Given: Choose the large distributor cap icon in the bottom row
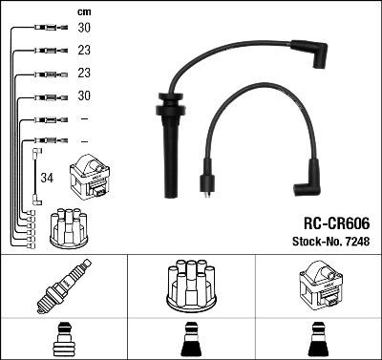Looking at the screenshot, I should [191, 285].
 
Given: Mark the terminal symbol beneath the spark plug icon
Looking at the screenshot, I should [63, 340].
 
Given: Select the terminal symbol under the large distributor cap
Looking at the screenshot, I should [191, 340].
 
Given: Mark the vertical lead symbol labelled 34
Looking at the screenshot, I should [36, 175].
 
